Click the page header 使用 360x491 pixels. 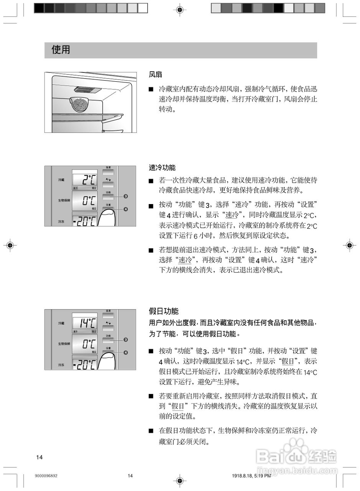pyautogui.click(x=61, y=50)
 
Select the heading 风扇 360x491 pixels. pyautogui.click(x=155, y=74)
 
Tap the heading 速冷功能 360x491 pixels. pyautogui.click(x=162, y=168)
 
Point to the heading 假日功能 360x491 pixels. pyautogui.click(x=164, y=311)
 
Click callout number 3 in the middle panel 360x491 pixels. pyautogui.click(x=126, y=196)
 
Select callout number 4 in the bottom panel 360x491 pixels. pyautogui.click(x=126, y=353)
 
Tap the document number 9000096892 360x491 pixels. pyautogui.click(x=46, y=476)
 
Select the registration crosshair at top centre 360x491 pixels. pyautogui.click(x=180, y=9)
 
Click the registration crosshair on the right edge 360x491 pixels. pyautogui.click(x=349, y=245)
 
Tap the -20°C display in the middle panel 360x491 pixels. pyautogui.click(x=85, y=221)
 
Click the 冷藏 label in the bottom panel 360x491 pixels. pyautogui.click(x=61, y=323)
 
